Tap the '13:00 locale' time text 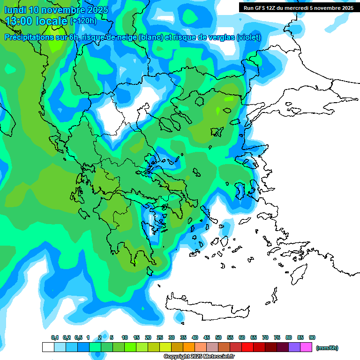[37, 21]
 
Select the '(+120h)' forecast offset [83, 21]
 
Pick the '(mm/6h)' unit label [327, 348]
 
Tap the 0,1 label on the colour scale [55, 338]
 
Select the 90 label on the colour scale [312, 338]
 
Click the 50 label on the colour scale [218, 338]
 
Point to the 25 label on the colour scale [160, 338]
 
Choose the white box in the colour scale [48, 347]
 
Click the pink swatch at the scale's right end [307, 347]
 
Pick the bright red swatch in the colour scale [248, 347]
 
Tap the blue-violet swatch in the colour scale [295, 347]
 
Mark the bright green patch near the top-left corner [55, 42]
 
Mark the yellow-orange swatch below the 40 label [189, 347]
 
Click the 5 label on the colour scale [112, 338]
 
